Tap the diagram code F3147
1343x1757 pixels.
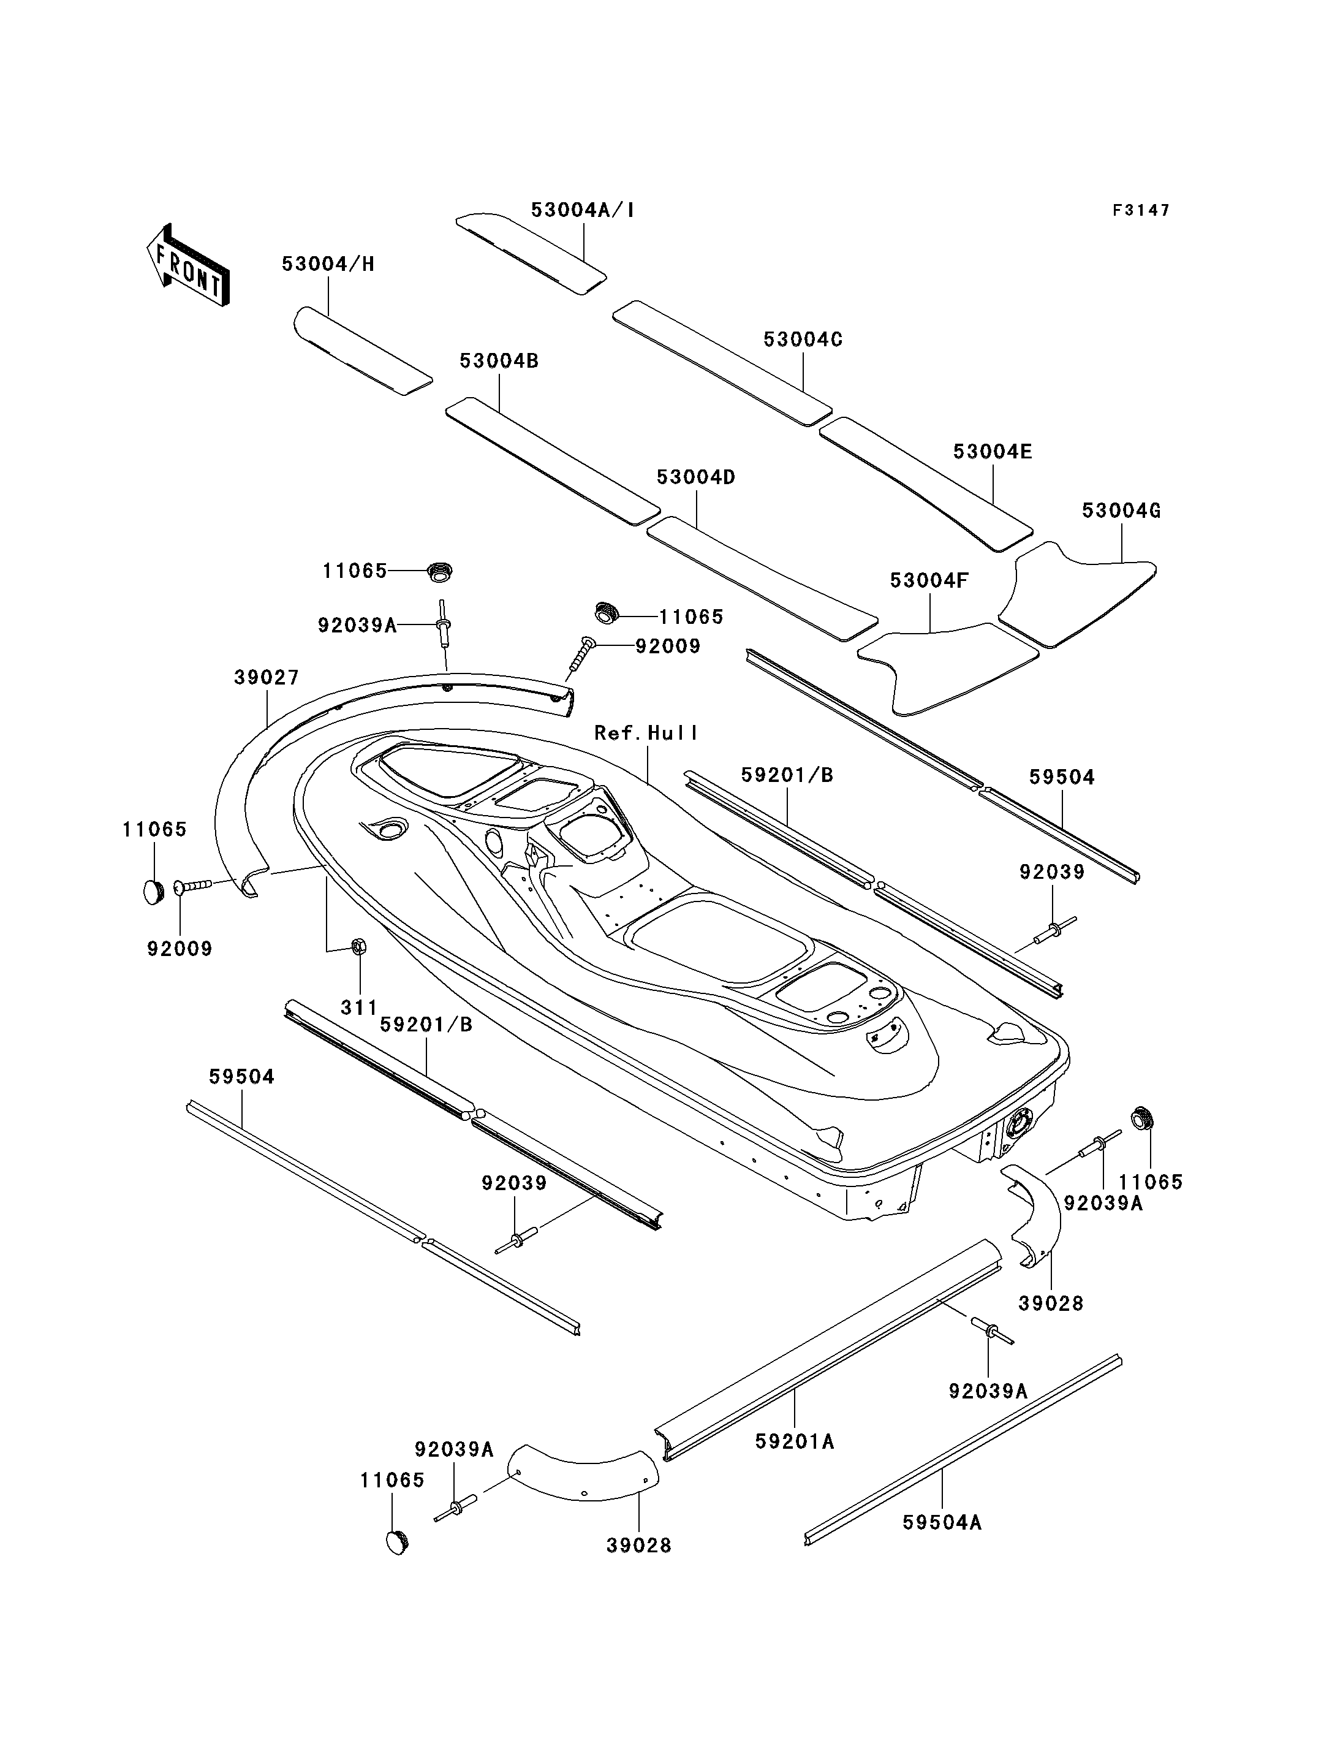(1141, 210)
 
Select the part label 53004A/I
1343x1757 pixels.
(583, 210)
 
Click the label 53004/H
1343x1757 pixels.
(328, 264)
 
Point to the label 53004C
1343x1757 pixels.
(803, 339)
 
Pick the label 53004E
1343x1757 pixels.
(993, 452)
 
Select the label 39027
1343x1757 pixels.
(266, 677)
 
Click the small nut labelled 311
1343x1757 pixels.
(359, 947)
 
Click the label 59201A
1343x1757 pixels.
(795, 1441)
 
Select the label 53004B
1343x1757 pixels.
(499, 361)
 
